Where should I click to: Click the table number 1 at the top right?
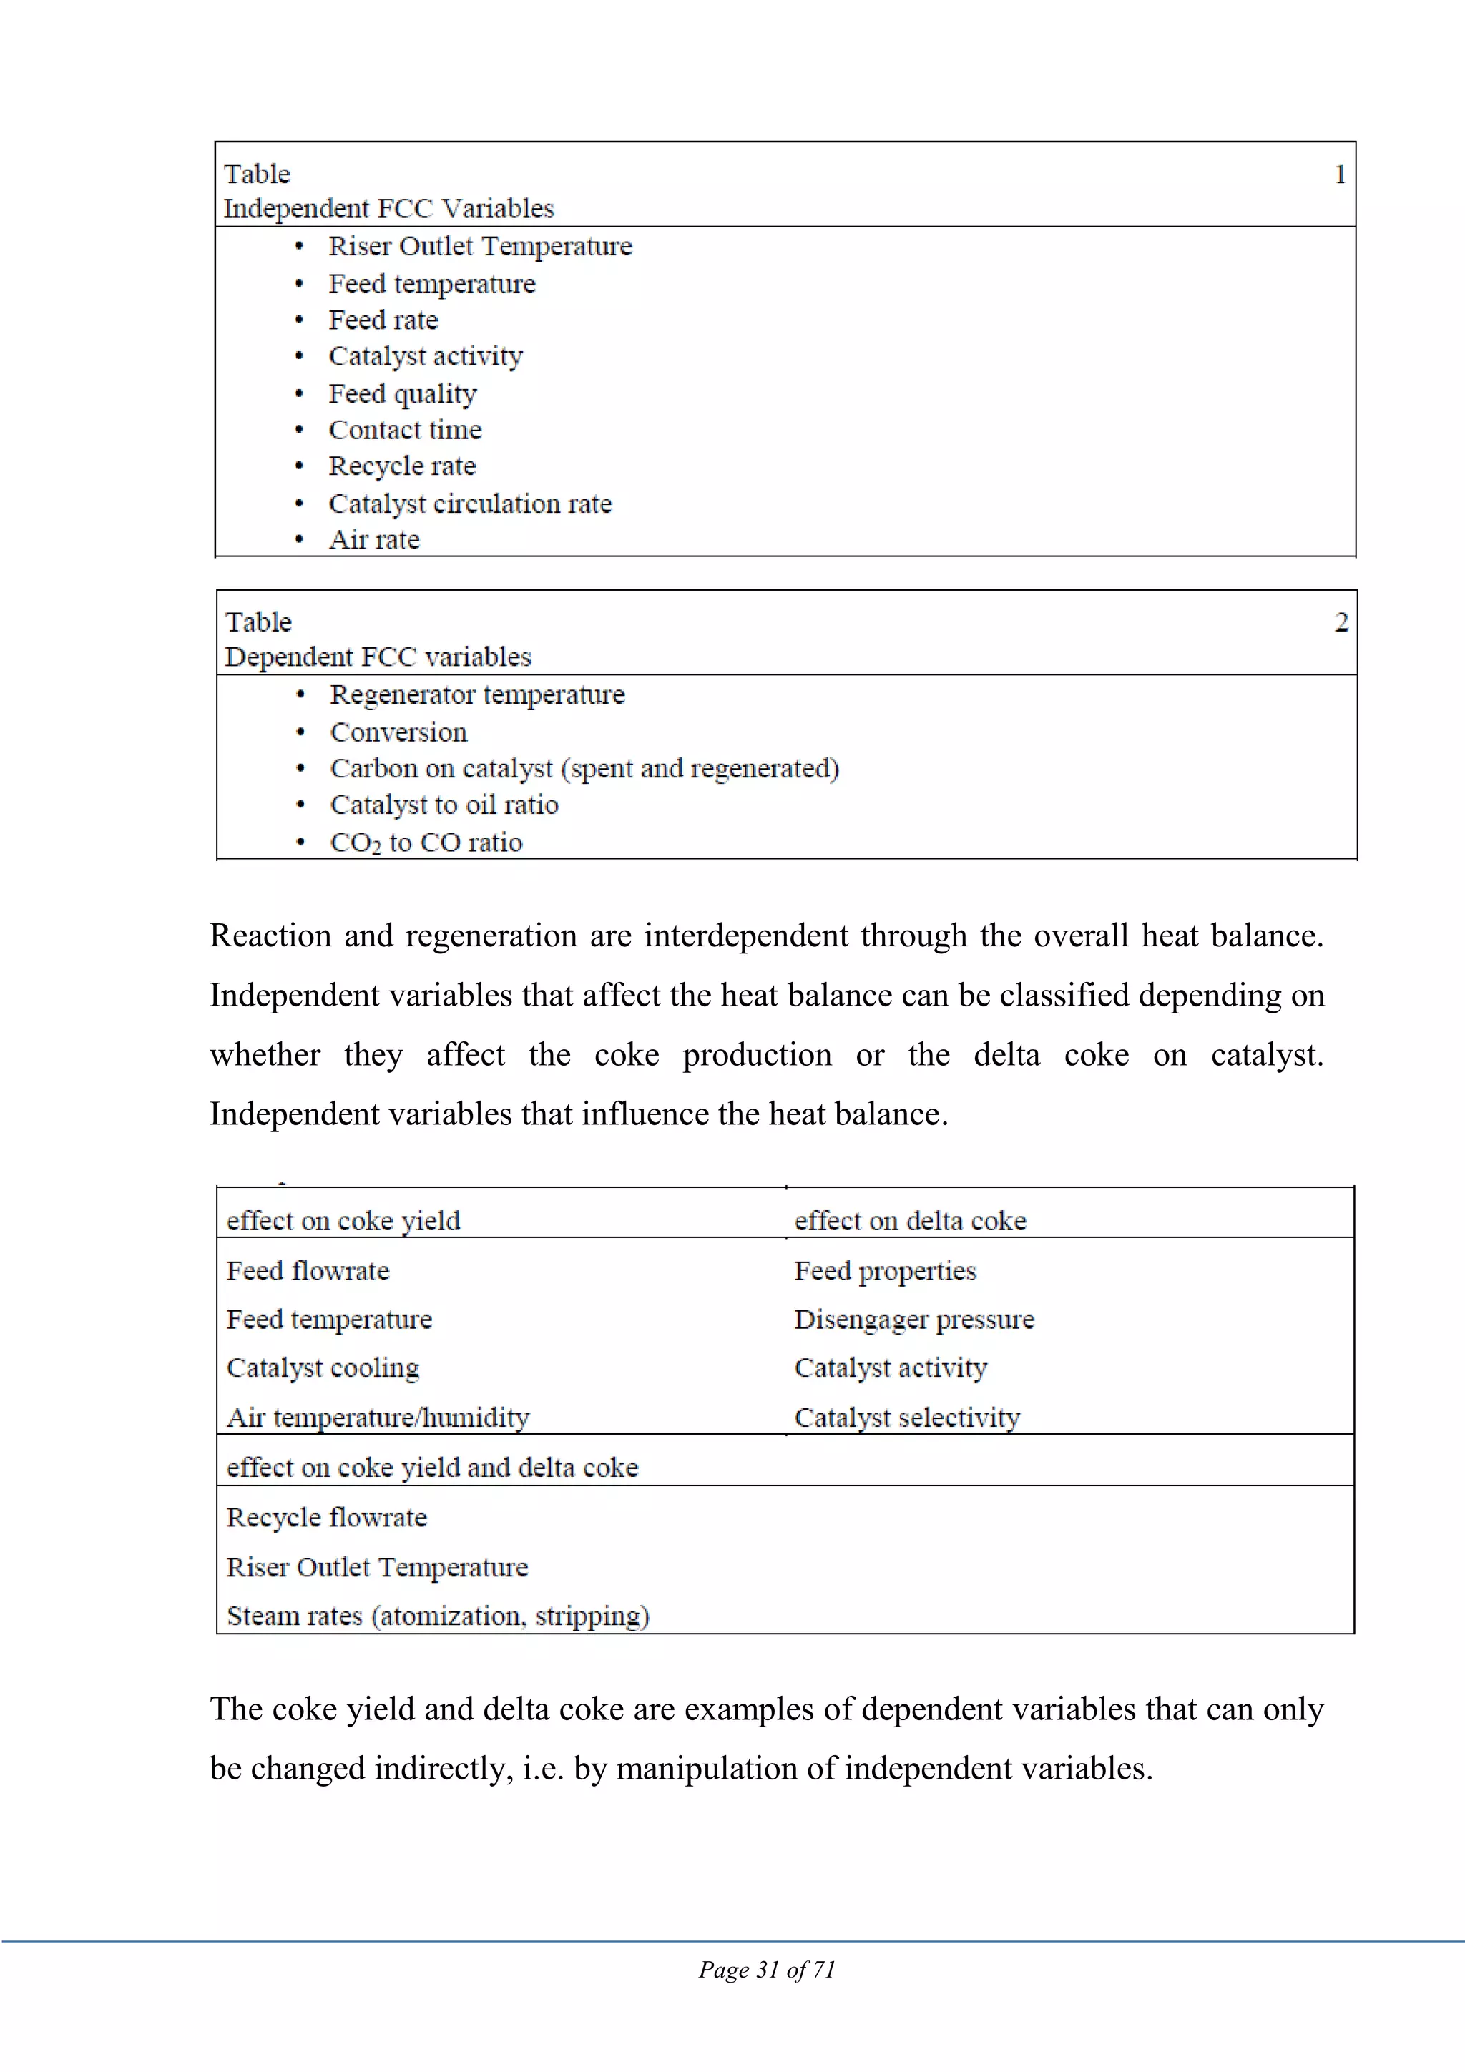(1340, 175)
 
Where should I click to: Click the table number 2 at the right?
(1341, 622)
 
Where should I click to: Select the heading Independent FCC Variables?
(388, 208)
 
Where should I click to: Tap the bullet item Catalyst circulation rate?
(469, 504)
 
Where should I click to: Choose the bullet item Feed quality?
(402, 393)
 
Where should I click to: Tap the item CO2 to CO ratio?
(426, 842)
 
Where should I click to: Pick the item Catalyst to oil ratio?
(444, 804)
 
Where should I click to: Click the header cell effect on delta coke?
(910, 1220)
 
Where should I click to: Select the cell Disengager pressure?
(913, 1320)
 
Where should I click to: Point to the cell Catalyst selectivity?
(906, 1417)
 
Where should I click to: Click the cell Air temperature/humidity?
(377, 1417)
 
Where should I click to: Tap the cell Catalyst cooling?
(322, 1368)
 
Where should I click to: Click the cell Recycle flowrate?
(326, 1517)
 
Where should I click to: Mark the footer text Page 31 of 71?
(766, 1969)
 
